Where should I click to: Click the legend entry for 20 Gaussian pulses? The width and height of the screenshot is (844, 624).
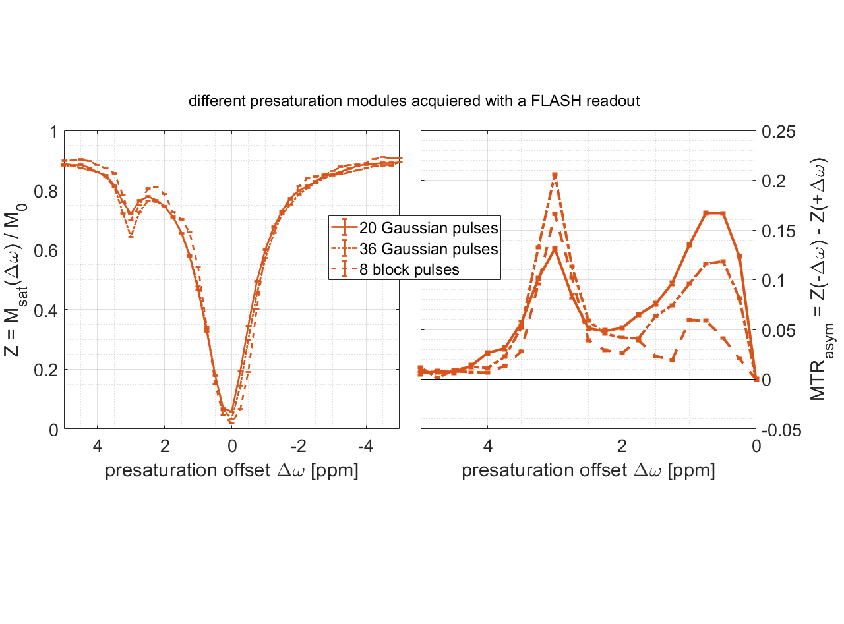(428, 229)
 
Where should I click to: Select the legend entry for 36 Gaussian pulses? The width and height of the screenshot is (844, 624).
(428, 249)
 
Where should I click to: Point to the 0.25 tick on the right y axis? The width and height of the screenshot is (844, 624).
(779, 132)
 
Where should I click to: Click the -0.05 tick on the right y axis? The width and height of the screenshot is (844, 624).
(779, 430)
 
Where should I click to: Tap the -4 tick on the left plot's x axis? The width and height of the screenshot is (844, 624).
(365, 445)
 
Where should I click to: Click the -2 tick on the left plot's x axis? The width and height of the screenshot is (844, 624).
(298, 445)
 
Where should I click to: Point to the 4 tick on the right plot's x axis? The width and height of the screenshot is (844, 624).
(488, 445)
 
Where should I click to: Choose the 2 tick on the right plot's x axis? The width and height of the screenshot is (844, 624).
(622, 445)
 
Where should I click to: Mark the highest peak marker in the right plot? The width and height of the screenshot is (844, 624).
(555, 175)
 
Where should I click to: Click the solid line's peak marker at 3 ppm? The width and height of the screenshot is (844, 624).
(555, 248)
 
